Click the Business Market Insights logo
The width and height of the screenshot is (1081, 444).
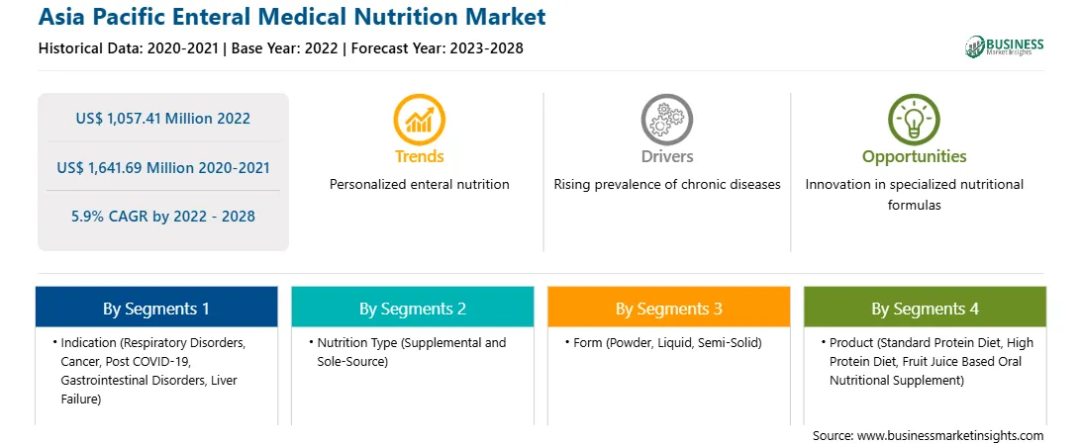click(1004, 46)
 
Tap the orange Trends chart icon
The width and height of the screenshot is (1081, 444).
click(419, 119)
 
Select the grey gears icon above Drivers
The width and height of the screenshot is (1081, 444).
click(666, 119)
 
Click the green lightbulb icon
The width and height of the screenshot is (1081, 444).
click(914, 119)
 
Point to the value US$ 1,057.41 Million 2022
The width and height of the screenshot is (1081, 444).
click(162, 119)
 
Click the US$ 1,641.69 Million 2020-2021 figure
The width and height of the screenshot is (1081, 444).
click(162, 167)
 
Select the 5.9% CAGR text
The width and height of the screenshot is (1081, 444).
click(162, 217)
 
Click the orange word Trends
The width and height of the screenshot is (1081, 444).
click(419, 156)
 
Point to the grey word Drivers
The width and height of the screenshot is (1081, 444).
click(666, 156)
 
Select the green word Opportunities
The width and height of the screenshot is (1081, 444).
click(914, 156)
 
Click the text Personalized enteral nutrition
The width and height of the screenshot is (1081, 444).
click(419, 185)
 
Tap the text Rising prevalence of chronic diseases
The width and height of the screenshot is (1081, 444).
click(666, 185)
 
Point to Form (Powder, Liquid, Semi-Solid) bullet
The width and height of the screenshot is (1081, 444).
click(667, 343)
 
